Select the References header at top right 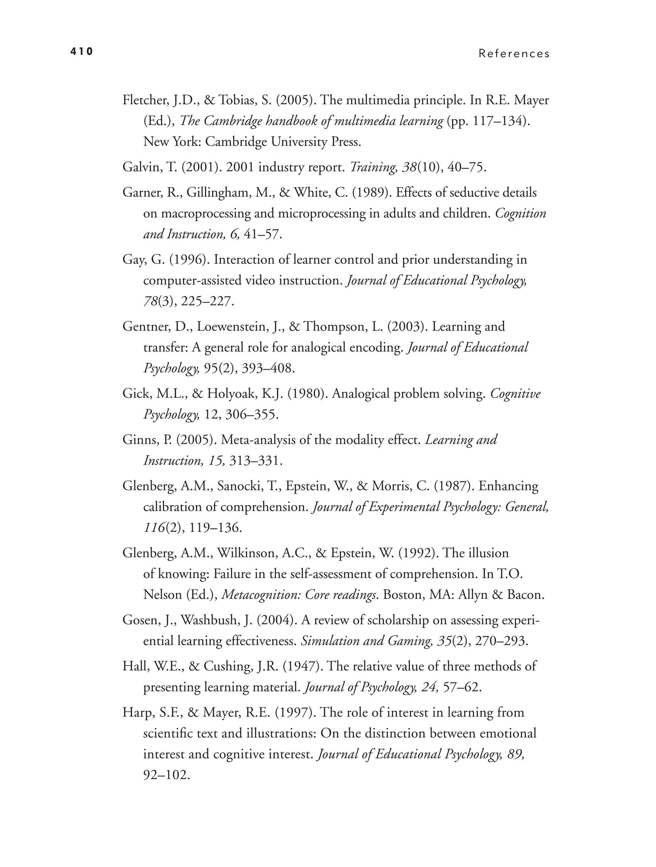[x=514, y=54]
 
